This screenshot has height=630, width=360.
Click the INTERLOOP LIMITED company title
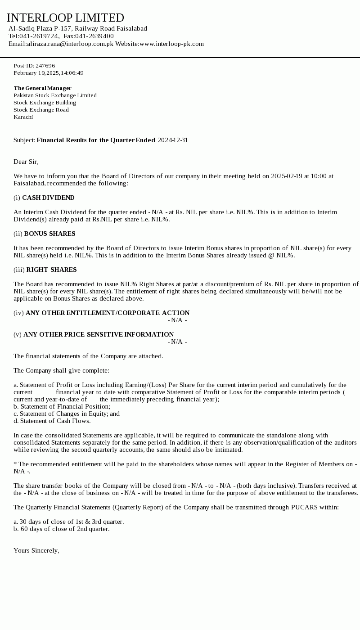pos(65,18)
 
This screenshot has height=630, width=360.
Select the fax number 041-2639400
pos(94,36)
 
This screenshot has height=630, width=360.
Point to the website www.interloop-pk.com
pos(171,44)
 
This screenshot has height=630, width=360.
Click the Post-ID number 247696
pos(45,66)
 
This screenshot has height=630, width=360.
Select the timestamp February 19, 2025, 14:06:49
pos(49,73)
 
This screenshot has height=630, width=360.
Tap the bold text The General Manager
pos(42,88)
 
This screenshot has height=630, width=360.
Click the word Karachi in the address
pos(23,117)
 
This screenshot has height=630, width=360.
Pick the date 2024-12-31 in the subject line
pos(173,140)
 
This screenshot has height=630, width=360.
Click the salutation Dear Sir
pos(26,162)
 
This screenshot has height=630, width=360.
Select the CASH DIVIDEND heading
pos(48,198)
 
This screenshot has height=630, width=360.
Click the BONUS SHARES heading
pos(49,234)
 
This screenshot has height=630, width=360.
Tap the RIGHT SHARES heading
pos(51,270)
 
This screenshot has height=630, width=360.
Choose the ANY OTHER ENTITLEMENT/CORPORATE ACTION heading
pos(108,313)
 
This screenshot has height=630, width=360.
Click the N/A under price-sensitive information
pos(177,342)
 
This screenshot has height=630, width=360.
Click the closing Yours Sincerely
pos(36,550)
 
